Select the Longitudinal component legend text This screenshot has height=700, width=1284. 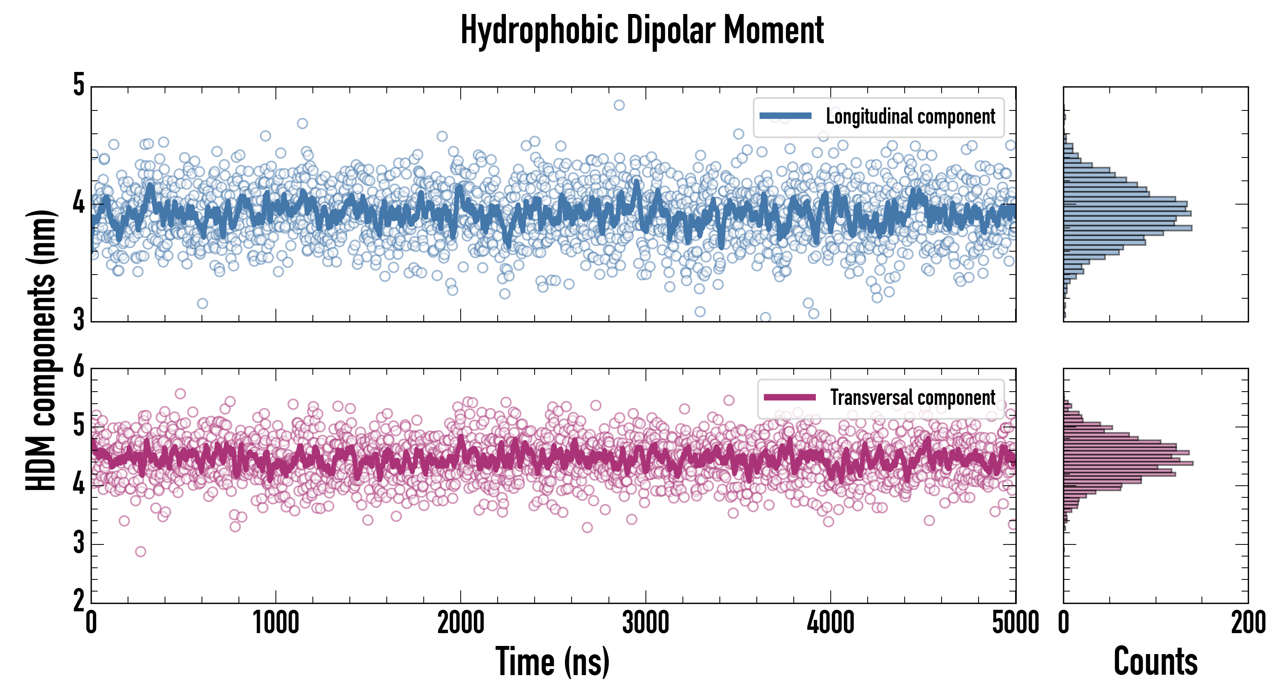click(x=910, y=117)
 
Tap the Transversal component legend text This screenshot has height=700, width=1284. click(x=913, y=397)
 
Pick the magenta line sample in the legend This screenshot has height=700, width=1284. click(x=789, y=397)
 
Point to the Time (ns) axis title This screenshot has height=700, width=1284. click(x=552, y=661)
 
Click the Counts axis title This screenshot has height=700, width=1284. click(x=1155, y=661)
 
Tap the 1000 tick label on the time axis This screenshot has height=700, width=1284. click(x=275, y=623)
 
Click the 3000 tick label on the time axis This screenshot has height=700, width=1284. click(x=646, y=623)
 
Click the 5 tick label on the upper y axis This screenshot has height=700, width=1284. click(x=79, y=85)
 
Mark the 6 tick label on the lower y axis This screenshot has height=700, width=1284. click(x=79, y=367)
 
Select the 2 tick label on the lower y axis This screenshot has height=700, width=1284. click(x=79, y=600)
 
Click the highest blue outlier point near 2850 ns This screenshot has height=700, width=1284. click(x=619, y=105)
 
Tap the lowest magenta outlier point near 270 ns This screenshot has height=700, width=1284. click(x=140, y=551)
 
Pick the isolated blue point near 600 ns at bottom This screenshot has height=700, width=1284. click(x=202, y=303)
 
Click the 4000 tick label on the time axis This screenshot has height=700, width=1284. click(x=830, y=623)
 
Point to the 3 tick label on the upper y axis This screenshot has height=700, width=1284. click(x=79, y=319)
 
